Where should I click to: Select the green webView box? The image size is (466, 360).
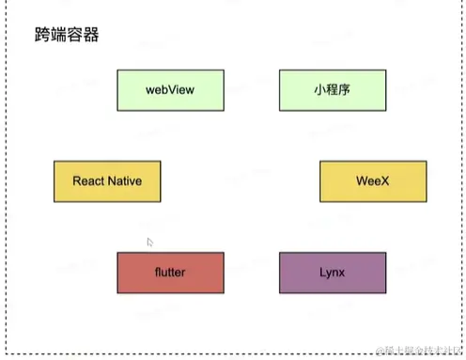pos(170,89)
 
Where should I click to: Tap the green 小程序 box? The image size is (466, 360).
pos(333,89)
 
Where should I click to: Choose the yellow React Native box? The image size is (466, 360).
pos(107,180)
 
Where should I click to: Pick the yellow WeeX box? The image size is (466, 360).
pos(373,180)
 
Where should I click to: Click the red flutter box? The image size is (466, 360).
pos(170,273)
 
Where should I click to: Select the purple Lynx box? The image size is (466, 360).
pos(333,273)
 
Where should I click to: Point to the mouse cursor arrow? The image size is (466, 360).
pos(150,243)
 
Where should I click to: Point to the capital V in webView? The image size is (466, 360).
pos(174,89)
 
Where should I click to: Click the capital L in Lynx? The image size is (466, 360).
pos(322,273)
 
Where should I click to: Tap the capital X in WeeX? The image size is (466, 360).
pos(386,180)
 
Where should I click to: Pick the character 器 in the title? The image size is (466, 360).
pos(91,38)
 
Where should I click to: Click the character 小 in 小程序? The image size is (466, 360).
pos(319,89)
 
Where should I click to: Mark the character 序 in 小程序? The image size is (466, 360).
pos(346,89)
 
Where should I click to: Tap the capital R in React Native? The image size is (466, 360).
pos(76,180)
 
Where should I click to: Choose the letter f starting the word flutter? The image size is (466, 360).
pos(157,273)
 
